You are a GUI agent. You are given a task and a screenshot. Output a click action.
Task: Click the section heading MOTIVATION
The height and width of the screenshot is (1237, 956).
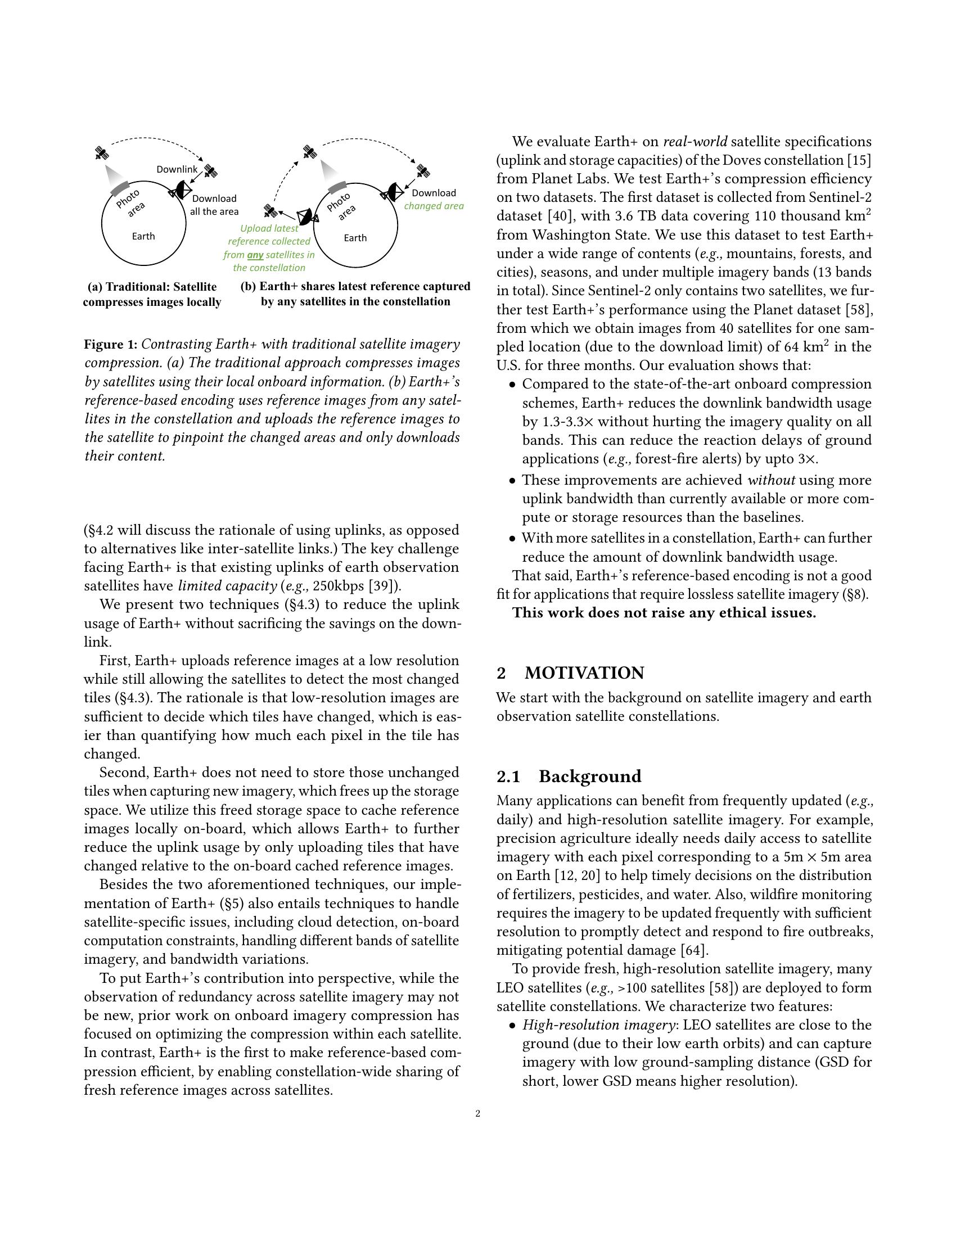coord(584,673)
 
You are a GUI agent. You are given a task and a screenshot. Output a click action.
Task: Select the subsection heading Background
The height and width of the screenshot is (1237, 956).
coord(589,776)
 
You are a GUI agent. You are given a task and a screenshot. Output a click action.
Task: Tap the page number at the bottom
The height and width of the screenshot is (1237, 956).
coord(478,1113)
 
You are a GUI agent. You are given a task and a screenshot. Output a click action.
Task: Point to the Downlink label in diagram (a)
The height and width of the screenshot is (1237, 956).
coord(177,169)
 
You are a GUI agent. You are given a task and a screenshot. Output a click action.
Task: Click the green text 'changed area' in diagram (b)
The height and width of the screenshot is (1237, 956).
coord(434,206)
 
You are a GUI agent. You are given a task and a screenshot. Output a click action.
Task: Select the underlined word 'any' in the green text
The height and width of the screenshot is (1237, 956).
coord(255,255)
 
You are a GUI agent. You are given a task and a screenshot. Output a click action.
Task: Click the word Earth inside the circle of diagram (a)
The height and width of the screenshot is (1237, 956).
coord(143,236)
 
